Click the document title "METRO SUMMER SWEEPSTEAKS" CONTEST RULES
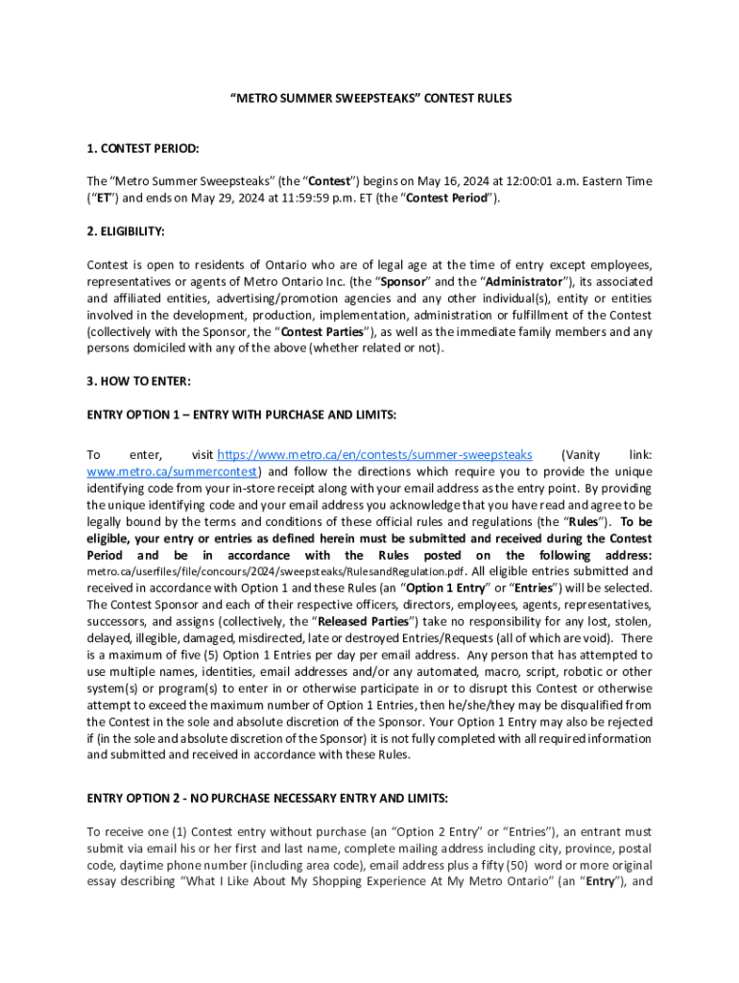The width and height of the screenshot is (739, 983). (x=369, y=98)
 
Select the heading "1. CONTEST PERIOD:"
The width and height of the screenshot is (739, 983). (x=143, y=149)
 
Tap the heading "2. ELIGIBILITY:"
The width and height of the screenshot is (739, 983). (x=126, y=232)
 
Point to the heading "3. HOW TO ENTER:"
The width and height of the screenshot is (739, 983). (x=139, y=381)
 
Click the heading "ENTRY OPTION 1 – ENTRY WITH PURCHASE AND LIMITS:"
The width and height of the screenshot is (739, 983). (x=241, y=415)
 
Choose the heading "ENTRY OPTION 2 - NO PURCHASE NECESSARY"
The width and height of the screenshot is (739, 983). (x=267, y=799)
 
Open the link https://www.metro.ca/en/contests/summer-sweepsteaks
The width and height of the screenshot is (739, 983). (x=374, y=455)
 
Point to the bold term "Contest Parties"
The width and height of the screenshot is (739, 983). (x=316, y=332)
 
